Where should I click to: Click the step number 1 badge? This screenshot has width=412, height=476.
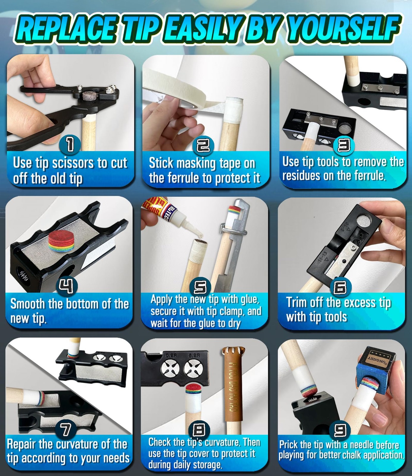tap(70, 144)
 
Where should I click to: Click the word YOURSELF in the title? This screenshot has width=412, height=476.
tap(344, 28)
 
